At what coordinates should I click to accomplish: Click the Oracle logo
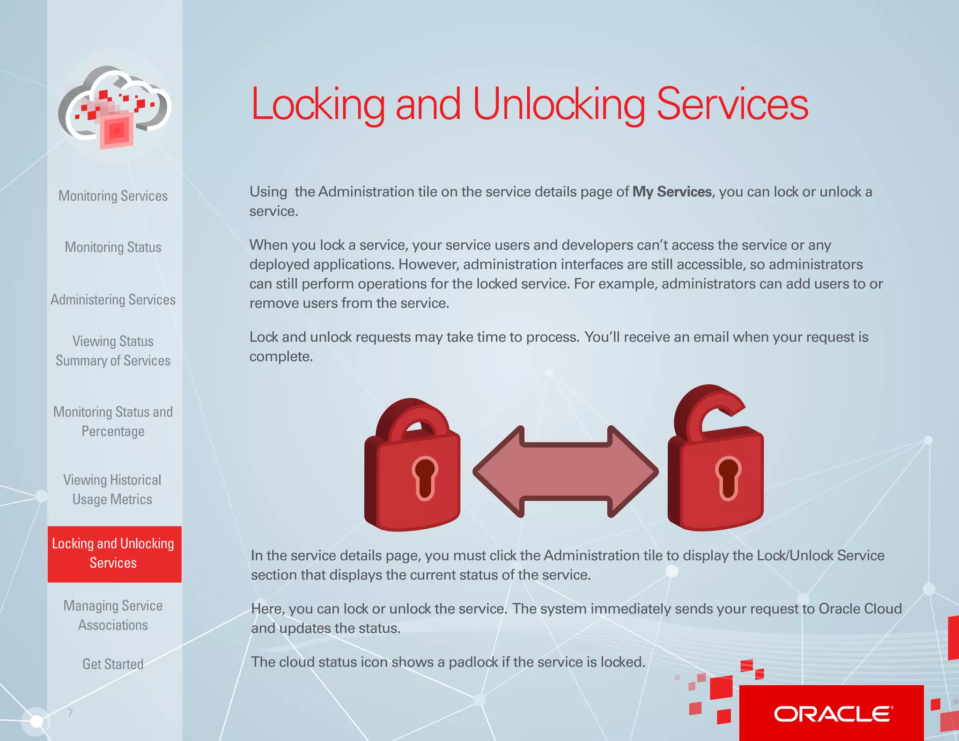[x=833, y=714]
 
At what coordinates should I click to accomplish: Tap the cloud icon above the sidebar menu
[x=115, y=107]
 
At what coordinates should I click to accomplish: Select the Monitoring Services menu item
[x=113, y=196]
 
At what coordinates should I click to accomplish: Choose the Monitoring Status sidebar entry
[x=113, y=247]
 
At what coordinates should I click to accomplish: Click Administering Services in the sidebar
[x=113, y=300]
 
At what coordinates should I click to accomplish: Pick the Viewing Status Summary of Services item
[x=113, y=351]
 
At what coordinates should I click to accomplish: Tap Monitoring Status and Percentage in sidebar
[x=113, y=422]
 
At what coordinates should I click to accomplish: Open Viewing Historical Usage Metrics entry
[x=112, y=489]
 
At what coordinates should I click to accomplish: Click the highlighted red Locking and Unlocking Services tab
[x=114, y=554]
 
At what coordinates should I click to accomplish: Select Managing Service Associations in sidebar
[x=113, y=615]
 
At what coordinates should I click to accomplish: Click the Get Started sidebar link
[x=113, y=664]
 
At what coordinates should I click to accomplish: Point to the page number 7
[x=70, y=713]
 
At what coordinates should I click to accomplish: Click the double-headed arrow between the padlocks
[x=565, y=472]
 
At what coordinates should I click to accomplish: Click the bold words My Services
[x=672, y=192]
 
